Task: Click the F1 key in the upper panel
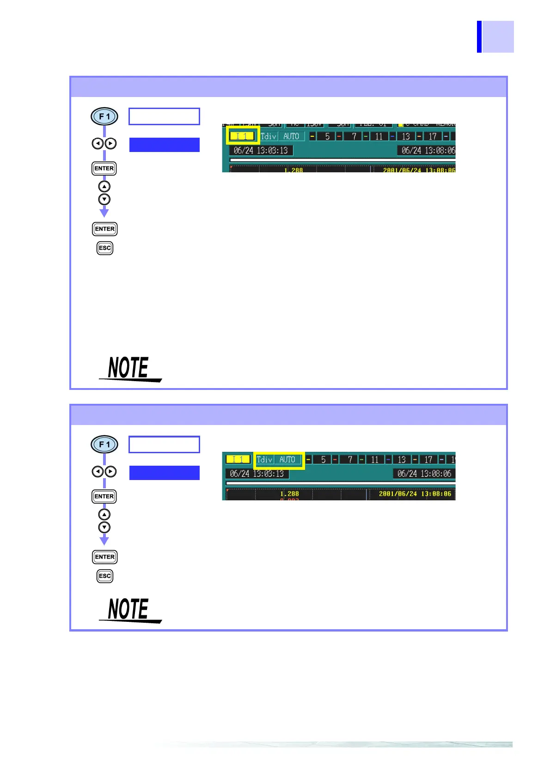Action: pos(104,116)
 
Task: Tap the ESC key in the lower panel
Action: pos(105,576)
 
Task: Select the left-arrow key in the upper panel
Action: pos(98,144)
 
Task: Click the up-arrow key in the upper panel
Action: pos(104,187)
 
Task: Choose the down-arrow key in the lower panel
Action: pos(104,527)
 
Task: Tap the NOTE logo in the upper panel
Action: pos(129,369)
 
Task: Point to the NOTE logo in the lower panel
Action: pos(129,610)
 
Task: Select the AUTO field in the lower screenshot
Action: pos(287,460)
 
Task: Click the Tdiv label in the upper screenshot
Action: pos(269,136)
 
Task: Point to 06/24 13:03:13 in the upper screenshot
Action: pos(261,150)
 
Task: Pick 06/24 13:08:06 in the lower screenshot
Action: pos(424,474)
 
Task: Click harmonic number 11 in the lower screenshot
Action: pos(374,460)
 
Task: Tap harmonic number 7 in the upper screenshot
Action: pos(354,136)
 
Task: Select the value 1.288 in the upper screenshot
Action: pos(293,170)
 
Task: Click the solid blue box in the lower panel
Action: pos(164,473)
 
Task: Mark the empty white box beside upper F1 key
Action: pos(164,116)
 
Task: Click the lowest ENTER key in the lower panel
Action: pos(105,557)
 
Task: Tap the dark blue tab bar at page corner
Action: pos(479,36)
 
